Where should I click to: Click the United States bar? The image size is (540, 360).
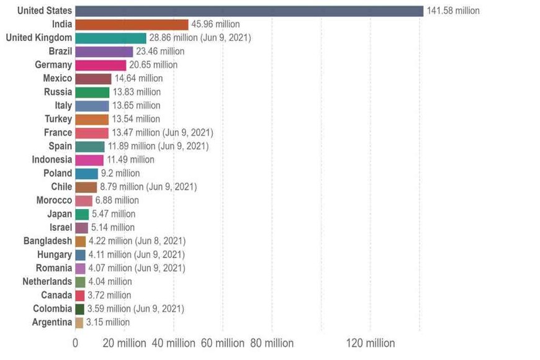[x=248, y=11]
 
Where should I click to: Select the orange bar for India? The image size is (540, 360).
[x=131, y=24]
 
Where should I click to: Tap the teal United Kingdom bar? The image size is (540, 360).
[x=110, y=38]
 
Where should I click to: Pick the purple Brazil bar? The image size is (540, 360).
[x=104, y=52]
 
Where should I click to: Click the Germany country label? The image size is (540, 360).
[x=54, y=65]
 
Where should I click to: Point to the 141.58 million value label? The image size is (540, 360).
[x=453, y=11]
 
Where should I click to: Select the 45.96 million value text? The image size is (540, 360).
[x=215, y=24]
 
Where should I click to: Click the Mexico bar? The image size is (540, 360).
[x=93, y=79]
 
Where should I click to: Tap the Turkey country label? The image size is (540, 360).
[x=58, y=119]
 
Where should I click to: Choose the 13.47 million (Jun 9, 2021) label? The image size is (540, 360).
[x=162, y=133]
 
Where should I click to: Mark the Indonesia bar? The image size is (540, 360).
[x=89, y=160]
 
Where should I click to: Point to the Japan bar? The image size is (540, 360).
[x=82, y=214]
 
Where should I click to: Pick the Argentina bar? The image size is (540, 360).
[x=79, y=322]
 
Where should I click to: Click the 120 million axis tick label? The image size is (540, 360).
[x=371, y=343]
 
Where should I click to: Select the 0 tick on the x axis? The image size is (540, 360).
[x=75, y=343]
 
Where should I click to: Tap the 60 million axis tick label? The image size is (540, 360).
[x=223, y=343]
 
